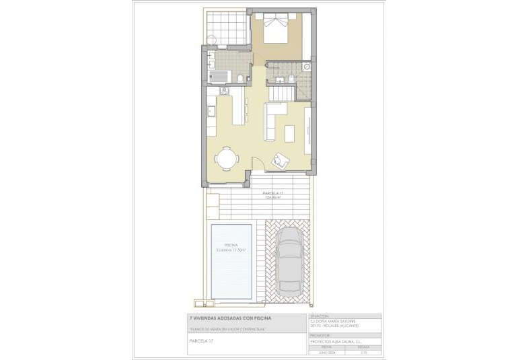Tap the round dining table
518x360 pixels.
point(225,159)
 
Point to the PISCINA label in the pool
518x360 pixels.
point(231,246)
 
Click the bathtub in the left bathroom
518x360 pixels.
point(219,77)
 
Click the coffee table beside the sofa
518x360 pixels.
point(289,134)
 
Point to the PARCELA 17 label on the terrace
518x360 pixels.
point(272,194)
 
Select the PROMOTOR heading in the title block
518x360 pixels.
point(320,334)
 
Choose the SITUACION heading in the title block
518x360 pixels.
point(320,316)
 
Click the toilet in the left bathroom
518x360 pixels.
point(239,79)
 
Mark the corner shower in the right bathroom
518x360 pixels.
point(306,67)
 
